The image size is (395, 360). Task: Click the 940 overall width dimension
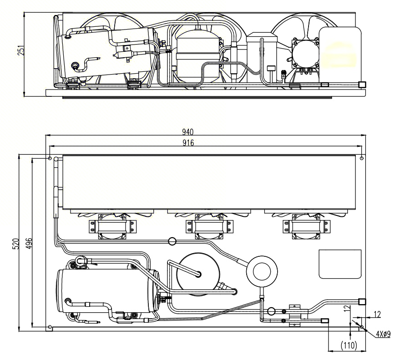click(x=188, y=132)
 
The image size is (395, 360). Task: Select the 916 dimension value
click(x=188, y=143)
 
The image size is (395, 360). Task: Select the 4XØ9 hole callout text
click(x=383, y=335)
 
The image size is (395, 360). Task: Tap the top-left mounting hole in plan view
click(x=50, y=159)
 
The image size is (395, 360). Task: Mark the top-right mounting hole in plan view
click(x=361, y=159)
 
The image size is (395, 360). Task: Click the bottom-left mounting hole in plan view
click(x=50, y=327)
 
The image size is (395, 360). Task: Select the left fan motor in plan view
click(x=112, y=226)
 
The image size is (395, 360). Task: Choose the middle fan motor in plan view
click(x=209, y=226)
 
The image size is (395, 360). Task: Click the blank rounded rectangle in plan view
click(x=340, y=264)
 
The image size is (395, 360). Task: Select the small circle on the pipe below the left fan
click(x=172, y=241)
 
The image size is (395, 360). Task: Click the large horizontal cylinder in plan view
click(x=107, y=291)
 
